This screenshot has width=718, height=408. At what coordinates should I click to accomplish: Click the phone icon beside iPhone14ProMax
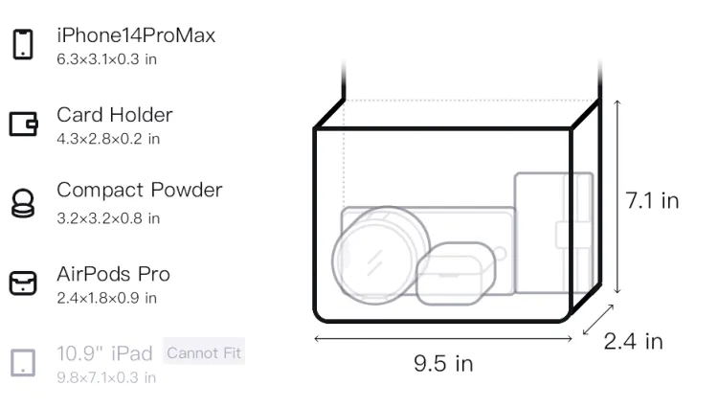click(23, 44)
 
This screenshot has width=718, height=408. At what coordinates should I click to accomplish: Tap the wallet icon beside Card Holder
click(23, 125)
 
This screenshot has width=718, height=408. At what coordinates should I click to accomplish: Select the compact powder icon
click(23, 203)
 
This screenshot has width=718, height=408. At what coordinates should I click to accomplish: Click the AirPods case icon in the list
click(23, 283)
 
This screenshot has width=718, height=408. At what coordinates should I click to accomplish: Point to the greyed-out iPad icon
click(23, 363)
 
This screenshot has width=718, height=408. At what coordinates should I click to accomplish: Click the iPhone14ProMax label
click(136, 35)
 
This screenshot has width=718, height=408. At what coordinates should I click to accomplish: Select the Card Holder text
click(115, 115)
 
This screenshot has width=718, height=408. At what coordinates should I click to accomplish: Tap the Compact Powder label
click(140, 190)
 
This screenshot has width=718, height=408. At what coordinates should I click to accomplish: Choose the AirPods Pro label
click(114, 274)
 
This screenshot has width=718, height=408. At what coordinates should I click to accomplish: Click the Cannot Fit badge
click(204, 352)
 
